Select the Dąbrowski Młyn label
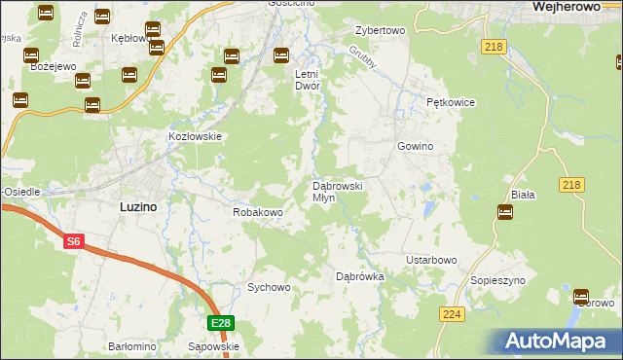pos(337,191)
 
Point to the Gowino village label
pos(414,146)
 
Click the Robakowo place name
pos(257,211)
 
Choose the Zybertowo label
pos(380,30)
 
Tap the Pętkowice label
pos(449,101)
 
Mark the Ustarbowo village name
pos(431,260)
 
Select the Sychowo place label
pos(269,287)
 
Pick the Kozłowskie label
pos(197,137)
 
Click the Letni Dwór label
pos(308,79)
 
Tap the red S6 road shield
pos(74,241)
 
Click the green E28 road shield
pos(221,323)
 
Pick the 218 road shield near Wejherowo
pos(493,46)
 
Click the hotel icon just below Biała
pos(505,212)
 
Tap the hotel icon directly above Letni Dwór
pos(281,54)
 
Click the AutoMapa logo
pos(560,341)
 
